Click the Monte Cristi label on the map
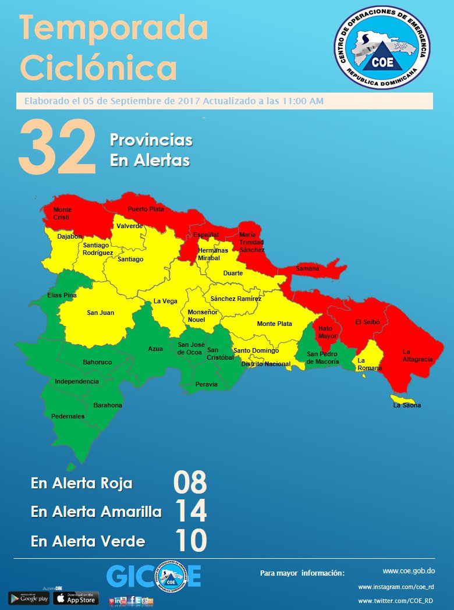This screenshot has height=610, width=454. pyautogui.click(x=62, y=213)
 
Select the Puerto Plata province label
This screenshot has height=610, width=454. pyautogui.click(x=146, y=209)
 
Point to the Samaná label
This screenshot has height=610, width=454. pyautogui.click(x=307, y=268)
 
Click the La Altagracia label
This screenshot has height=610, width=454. pyautogui.click(x=417, y=356)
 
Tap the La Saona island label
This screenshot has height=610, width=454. pyautogui.click(x=407, y=405)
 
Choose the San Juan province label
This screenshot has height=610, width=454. pyautogui.click(x=101, y=313)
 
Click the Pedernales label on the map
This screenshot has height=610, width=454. pyautogui.click(x=68, y=416)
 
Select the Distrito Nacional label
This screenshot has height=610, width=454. pyautogui.click(x=265, y=364)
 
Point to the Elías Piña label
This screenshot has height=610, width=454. pyautogui.click(x=62, y=296)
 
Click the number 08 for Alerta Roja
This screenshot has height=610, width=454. pyautogui.click(x=190, y=483)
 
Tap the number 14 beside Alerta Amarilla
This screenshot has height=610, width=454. pyautogui.click(x=190, y=512)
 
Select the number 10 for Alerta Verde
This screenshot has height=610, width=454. pyautogui.click(x=190, y=541)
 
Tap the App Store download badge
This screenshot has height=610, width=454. pyautogui.click(x=76, y=598)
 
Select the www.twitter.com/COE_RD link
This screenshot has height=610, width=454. pyautogui.click(x=395, y=600)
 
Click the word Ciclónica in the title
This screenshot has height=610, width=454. pyautogui.click(x=99, y=68)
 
